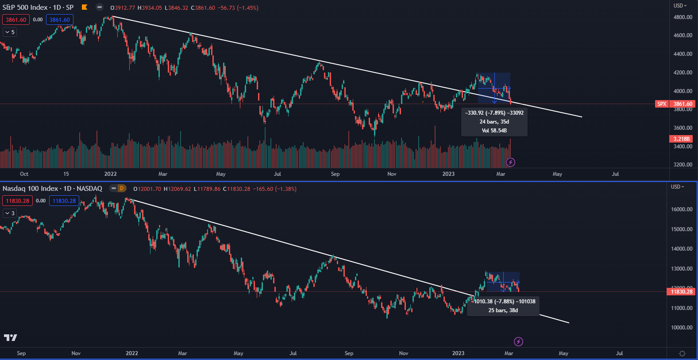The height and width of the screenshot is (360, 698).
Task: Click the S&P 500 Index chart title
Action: [38, 8]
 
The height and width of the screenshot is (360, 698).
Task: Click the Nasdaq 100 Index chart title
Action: [52, 189]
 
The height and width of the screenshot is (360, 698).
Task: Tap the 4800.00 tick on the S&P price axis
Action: [683, 17]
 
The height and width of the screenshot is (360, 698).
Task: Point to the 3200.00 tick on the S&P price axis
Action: [683, 165]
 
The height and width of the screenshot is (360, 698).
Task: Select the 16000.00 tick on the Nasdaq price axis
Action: [682, 209]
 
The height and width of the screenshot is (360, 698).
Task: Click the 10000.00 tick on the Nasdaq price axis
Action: [682, 328]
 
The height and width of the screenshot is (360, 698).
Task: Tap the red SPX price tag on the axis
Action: [675, 104]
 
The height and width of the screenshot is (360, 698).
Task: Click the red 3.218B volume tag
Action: [681, 139]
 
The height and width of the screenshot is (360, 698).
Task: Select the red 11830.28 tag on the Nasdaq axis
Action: [681, 292]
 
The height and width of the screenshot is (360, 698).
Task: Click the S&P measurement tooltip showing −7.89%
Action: [494, 122]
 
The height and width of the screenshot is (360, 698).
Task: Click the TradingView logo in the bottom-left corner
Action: [11, 338]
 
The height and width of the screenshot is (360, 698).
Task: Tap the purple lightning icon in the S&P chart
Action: [510, 163]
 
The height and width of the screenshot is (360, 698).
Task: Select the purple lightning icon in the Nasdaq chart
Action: [518, 341]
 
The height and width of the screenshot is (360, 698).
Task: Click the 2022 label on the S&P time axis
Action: [110, 174]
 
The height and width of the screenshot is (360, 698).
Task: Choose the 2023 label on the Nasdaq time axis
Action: [458, 353]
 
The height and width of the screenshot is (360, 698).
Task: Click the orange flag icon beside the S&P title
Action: [85, 7]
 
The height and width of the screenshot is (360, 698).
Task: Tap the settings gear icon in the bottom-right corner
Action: [682, 353]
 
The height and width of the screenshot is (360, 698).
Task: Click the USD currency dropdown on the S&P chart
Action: [680, 6]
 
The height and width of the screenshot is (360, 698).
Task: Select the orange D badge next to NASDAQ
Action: [121, 189]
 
